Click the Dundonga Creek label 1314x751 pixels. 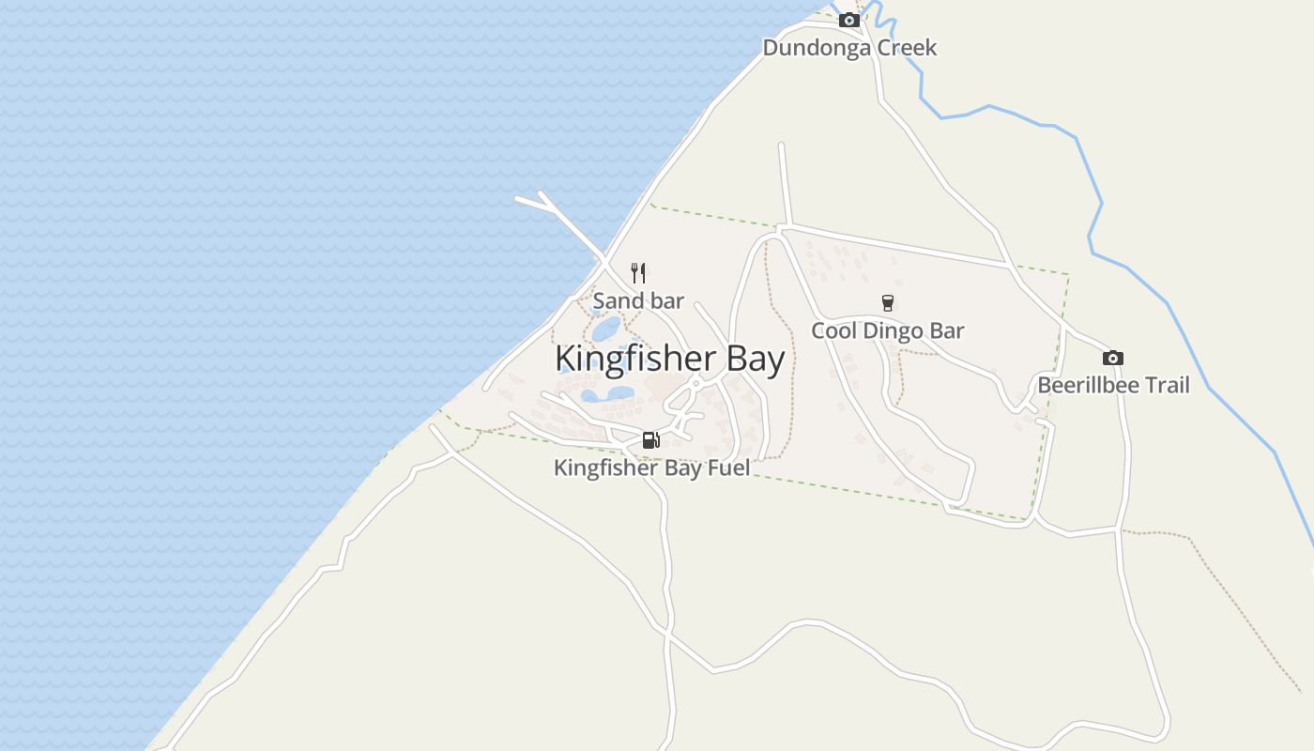tap(849, 48)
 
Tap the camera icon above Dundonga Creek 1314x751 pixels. tap(848, 20)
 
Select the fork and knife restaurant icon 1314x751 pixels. tap(638, 273)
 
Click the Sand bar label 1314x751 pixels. tap(638, 301)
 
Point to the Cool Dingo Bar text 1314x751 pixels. tap(887, 330)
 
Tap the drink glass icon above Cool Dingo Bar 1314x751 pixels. tap(887, 302)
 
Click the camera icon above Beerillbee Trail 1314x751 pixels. tap(1112, 358)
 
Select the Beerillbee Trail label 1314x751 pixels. tap(1113, 385)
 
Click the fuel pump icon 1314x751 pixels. tap(650, 439)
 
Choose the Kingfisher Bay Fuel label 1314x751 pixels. tap(651, 467)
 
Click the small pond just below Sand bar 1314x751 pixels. tap(605, 329)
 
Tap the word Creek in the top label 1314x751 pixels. tap(907, 48)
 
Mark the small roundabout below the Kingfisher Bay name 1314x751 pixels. tap(695, 383)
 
